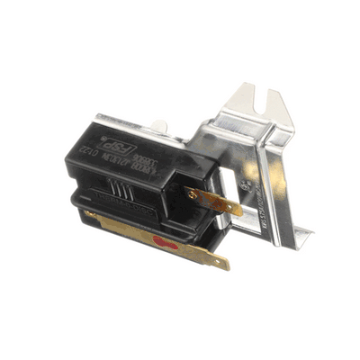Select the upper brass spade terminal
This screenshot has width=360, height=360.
tap(217, 202)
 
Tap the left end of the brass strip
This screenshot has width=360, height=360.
tap(87, 214)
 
